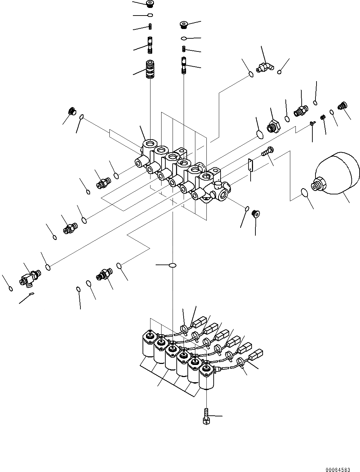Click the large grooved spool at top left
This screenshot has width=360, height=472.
pyautogui.click(x=150, y=69)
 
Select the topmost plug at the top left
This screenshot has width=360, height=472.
pyautogui.click(x=150, y=4)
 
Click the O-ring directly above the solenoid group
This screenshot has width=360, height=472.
pyautogui.click(x=173, y=265)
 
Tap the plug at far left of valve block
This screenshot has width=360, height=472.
pyautogui.click(x=72, y=111)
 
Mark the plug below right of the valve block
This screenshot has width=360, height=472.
pyautogui.click(x=256, y=214)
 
